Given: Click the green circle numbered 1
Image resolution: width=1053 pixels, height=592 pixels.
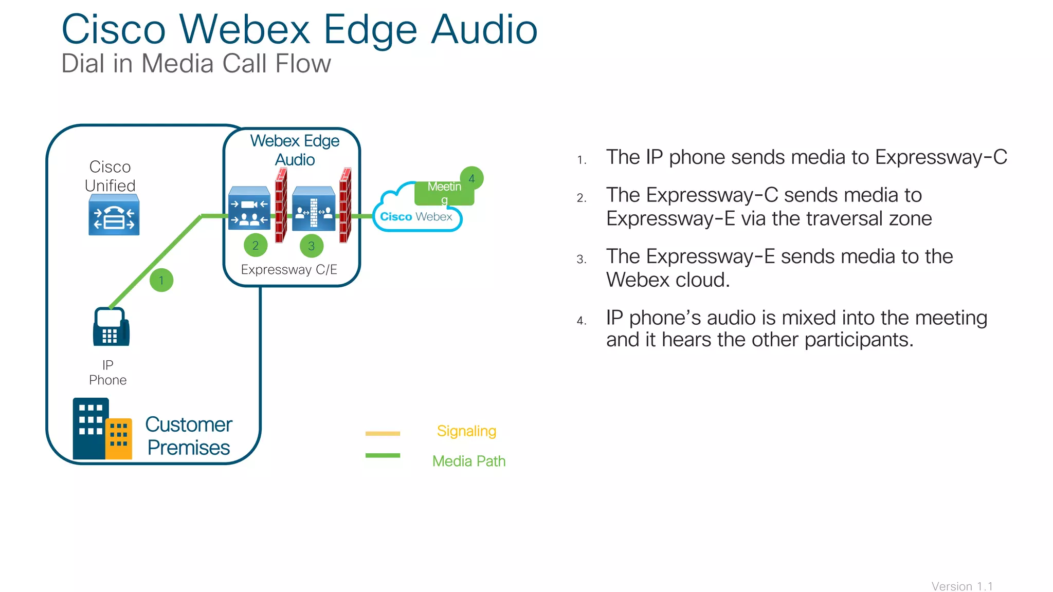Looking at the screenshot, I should click(x=161, y=280).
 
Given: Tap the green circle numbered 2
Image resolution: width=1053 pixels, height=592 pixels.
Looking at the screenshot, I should click(x=256, y=246).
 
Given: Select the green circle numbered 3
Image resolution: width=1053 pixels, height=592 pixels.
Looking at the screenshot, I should click(x=312, y=246).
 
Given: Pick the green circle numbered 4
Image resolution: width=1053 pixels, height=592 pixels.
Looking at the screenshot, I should click(x=471, y=178).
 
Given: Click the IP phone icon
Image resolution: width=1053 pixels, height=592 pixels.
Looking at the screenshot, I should click(x=111, y=327).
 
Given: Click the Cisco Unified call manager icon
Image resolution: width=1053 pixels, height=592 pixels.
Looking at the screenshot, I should click(x=114, y=215).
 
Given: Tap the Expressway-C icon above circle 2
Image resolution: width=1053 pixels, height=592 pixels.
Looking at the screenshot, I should click(x=249, y=209).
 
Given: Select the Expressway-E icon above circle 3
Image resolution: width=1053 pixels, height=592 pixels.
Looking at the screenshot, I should click(x=314, y=209).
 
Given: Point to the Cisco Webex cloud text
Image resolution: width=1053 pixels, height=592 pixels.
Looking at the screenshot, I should click(x=416, y=217).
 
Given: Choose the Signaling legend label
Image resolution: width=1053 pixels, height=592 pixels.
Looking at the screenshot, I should click(x=466, y=431).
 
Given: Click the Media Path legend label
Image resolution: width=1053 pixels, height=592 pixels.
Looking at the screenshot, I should click(x=468, y=461).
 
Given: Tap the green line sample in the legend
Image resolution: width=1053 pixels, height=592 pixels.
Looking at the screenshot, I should click(x=383, y=455).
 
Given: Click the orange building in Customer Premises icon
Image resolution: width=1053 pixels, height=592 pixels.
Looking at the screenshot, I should click(x=119, y=438).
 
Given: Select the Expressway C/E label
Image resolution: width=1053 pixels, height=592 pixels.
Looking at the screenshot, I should click(x=289, y=270).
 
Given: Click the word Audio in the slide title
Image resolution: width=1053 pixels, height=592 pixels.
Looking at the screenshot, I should click(x=484, y=30).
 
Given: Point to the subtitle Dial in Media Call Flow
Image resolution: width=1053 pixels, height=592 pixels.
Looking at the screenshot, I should click(x=196, y=64).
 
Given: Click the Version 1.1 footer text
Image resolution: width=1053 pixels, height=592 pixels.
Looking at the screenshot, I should click(x=961, y=586).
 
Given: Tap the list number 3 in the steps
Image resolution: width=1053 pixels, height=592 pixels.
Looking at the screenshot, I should click(x=581, y=260).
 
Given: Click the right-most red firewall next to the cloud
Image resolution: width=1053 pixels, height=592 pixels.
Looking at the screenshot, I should click(x=345, y=206).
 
